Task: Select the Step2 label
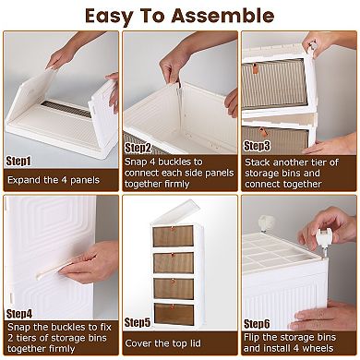pyautogui.click(x=138, y=147)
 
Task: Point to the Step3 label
pyautogui.click(x=257, y=145)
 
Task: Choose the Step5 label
pyautogui.click(x=139, y=321)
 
